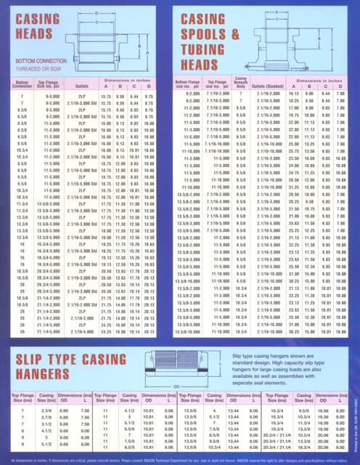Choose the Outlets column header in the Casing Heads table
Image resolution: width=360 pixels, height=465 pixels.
click(x=81, y=106)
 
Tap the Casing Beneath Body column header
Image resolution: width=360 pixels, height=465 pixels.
click(x=241, y=81)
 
